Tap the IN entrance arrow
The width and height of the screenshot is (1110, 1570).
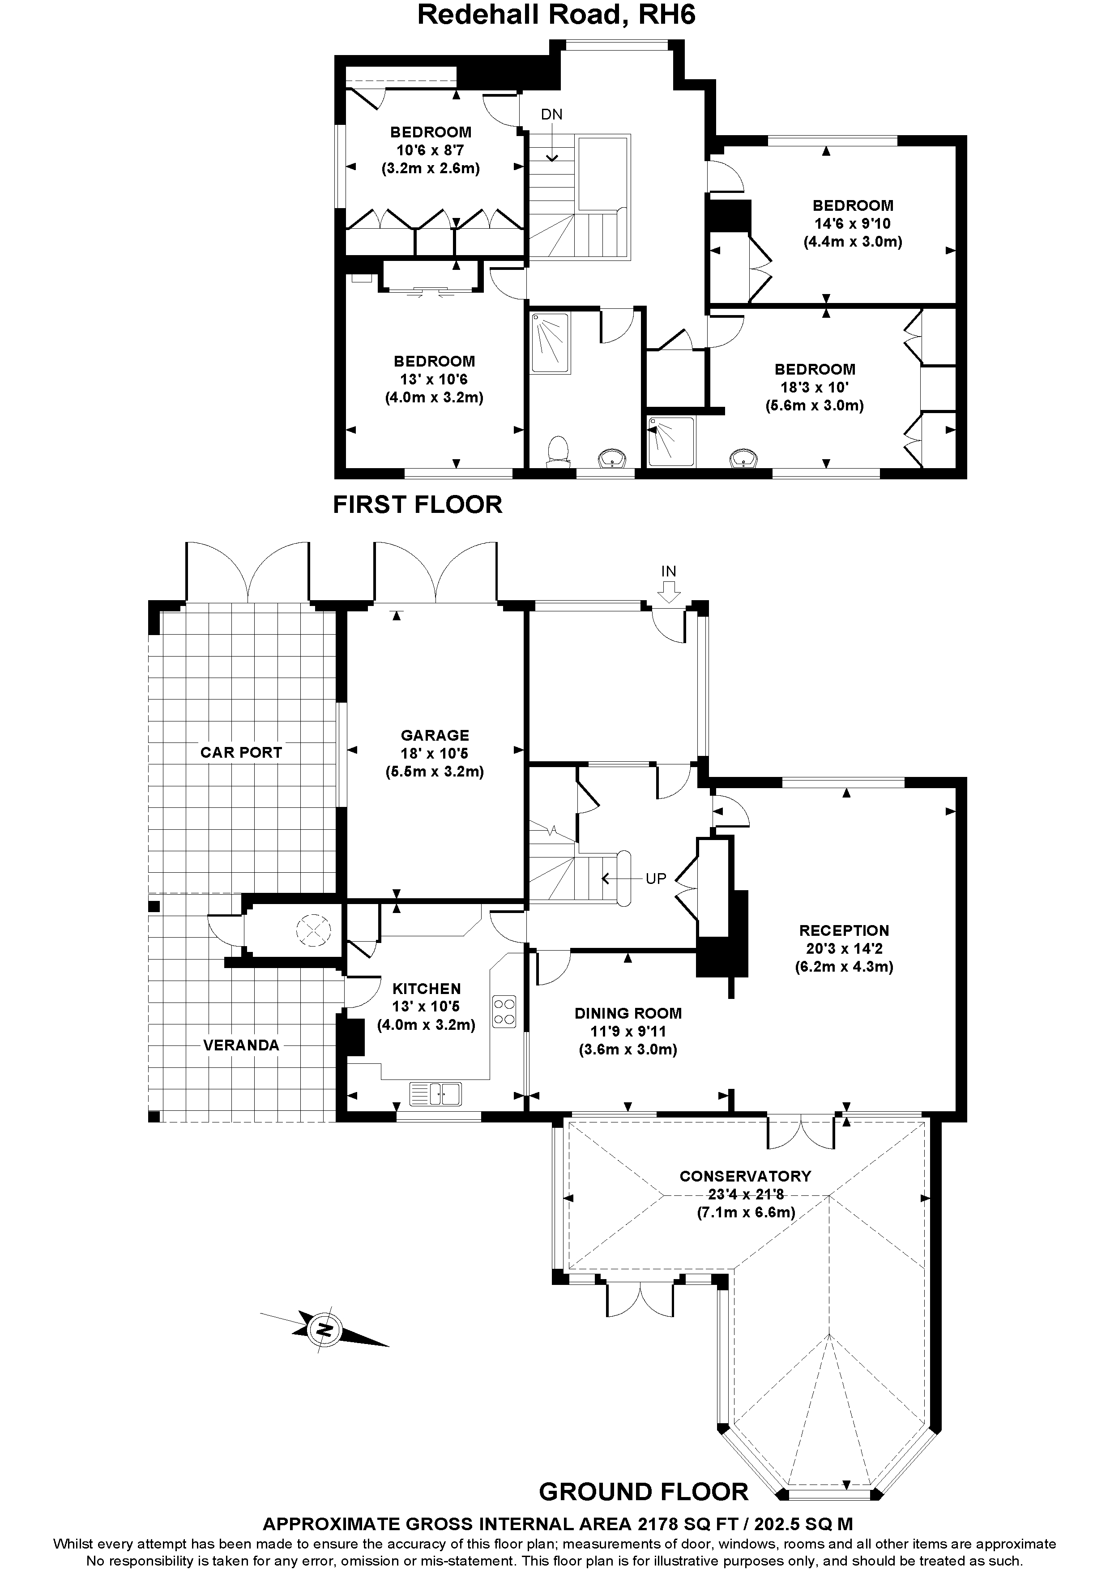point(668,589)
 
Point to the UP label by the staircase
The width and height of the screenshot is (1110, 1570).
point(655,879)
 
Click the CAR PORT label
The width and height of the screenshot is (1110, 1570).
point(241,752)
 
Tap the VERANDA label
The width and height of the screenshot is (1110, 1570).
point(241,1045)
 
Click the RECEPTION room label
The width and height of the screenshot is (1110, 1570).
point(844,930)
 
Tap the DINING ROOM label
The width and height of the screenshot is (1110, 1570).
point(628,1013)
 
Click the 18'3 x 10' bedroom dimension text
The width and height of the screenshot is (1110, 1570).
point(815,387)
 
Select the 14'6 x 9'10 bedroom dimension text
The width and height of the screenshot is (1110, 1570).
point(852,224)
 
